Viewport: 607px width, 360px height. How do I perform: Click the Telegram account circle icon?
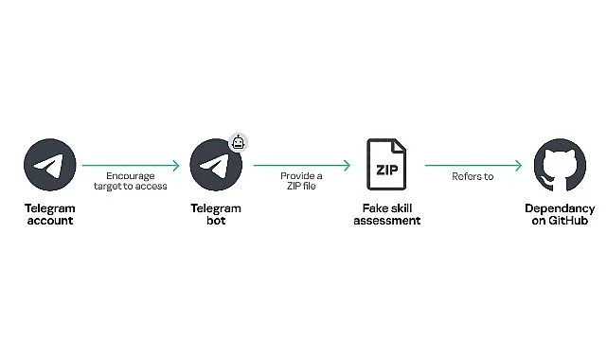pos(49,165)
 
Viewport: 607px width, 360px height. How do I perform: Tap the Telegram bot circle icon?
pos(216,165)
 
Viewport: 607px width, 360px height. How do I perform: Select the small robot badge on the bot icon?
pos(239,143)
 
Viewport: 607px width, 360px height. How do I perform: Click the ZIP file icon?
pos(386,165)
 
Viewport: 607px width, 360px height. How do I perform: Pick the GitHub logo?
pos(559,165)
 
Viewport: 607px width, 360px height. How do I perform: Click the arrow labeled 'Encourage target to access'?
pos(132,165)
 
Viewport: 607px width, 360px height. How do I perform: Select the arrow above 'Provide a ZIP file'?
pos(302,165)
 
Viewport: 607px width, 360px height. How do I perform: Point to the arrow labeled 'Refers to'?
pos(473,165)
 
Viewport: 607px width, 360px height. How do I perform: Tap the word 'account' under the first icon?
pos(49,221)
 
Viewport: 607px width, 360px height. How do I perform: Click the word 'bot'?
pos(216,221)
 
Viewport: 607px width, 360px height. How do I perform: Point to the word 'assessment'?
pos(386,221)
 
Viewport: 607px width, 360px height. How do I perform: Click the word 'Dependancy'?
pos(559,208)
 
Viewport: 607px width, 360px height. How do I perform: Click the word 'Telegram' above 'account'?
pos(49,208)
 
